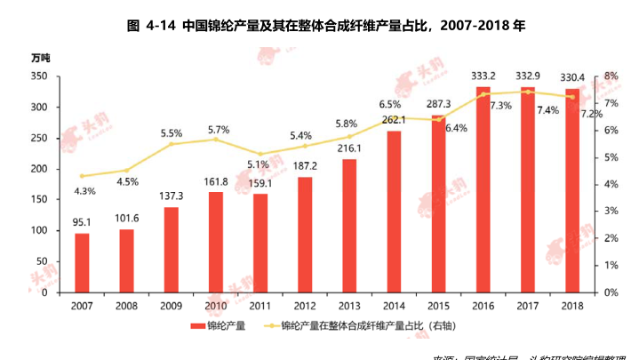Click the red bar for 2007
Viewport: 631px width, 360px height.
[x=82, y=262]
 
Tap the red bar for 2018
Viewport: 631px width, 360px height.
[x=572, y=190]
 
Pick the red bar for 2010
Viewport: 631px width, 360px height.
[x=216, y=242]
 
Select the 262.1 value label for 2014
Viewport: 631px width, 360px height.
[x=394, y=119]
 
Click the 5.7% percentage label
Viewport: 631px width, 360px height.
[x=218, y=130]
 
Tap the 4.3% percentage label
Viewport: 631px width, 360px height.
[x=84, y=191]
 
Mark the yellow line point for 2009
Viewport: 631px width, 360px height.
[x=172, y=144]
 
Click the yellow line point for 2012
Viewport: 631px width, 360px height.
[x=305, y=146]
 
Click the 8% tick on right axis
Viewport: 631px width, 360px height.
[x=611, y=76]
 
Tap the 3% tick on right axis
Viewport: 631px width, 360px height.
[x=611, y=212]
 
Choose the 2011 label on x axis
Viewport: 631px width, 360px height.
[x=260, y=305]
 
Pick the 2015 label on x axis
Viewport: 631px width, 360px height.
[x=439, y=305]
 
